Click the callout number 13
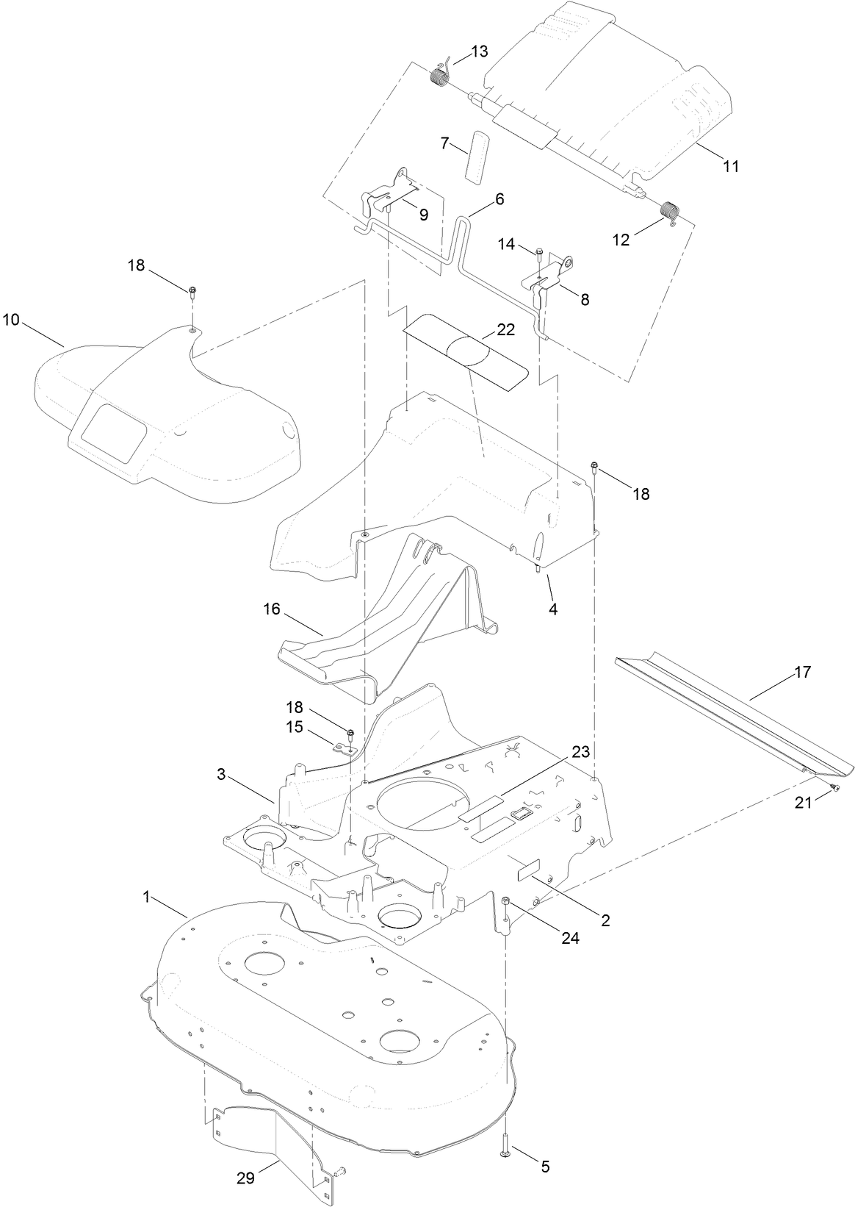(478, 51)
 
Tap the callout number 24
(570, 938)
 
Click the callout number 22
(505, 331)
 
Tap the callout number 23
(580, 752)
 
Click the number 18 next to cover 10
(137, 265)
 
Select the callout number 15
(294, 726)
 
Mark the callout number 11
(730, 166)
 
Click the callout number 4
(552, 609)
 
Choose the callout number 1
(146, 897)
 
